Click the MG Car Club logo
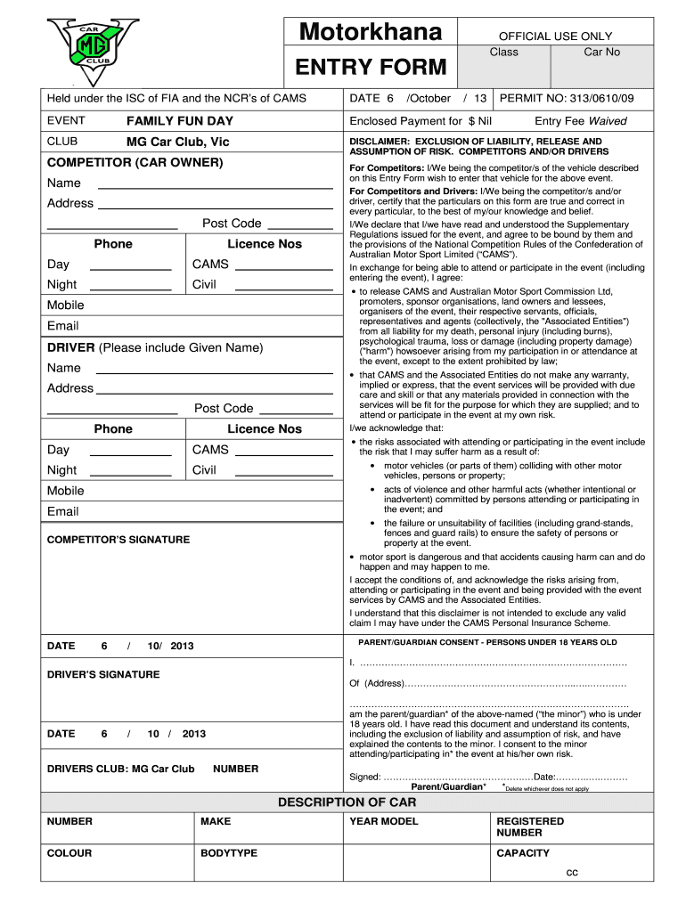point(93,50)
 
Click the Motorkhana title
point(371,32)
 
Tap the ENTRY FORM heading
point(371,66)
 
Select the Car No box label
point(601,52)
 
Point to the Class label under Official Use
point(503,52)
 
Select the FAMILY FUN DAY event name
point(180,120)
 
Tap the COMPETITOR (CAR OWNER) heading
point(135,163)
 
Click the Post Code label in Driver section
point(224,408)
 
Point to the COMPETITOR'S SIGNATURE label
point(118,540)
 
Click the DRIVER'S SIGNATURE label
point(103,674)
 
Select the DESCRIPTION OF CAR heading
point(347,802)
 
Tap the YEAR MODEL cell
point(384,821)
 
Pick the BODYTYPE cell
point(229,853)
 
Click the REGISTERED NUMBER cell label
point(530,826)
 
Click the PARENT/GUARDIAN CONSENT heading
point(486,642)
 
